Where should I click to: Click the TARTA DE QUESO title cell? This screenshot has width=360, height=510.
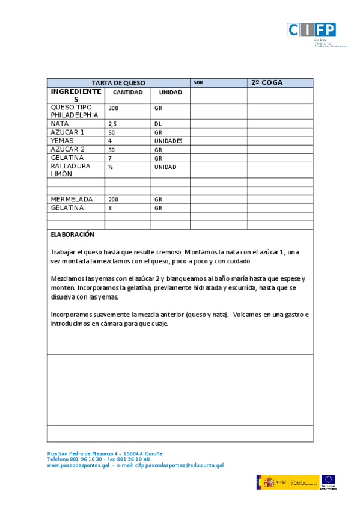118,83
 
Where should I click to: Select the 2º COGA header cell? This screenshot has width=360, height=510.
267,83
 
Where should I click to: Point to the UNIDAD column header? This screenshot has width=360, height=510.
170,93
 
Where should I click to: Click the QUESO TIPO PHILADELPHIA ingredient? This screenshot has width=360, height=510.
74,111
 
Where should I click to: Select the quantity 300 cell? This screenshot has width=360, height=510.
113,108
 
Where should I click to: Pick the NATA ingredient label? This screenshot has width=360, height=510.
60,123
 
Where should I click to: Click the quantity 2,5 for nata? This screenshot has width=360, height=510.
112,124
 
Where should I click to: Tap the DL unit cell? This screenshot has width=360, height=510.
158,124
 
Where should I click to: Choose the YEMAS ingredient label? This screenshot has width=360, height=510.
63,141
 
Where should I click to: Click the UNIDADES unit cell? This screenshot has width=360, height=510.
168,141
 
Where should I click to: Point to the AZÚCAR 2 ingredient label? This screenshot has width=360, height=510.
68,149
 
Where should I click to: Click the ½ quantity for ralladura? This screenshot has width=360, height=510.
111,167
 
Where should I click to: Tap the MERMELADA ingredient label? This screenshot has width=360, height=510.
72,199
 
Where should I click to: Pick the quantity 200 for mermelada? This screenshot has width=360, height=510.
113,199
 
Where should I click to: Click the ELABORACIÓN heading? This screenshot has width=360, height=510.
73,235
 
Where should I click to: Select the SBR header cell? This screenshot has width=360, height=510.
198,83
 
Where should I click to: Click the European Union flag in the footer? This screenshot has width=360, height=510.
328,480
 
